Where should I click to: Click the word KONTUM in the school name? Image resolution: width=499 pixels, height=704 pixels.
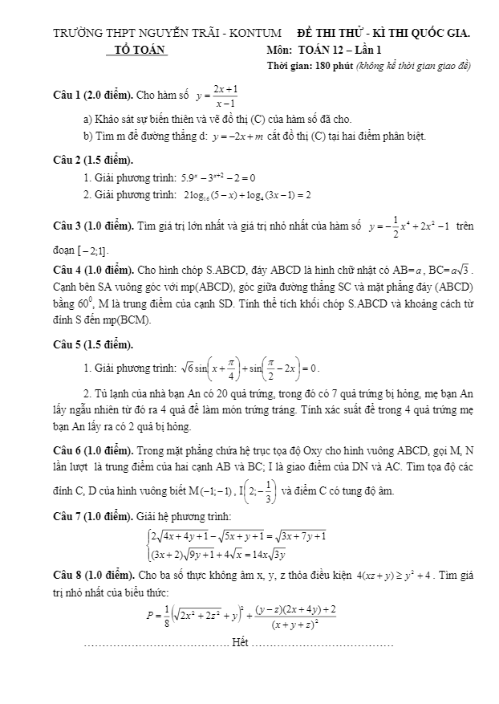255,34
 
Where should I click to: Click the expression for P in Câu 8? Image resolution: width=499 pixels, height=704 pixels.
241,616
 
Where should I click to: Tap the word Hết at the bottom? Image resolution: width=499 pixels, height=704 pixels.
240,642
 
